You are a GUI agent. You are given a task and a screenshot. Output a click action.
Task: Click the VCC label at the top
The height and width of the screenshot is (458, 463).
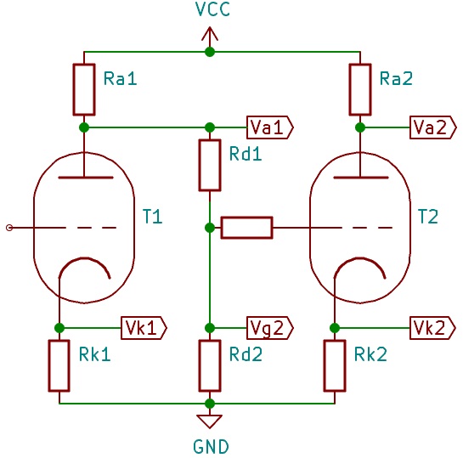212,9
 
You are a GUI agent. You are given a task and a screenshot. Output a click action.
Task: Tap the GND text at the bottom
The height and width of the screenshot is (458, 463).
211,446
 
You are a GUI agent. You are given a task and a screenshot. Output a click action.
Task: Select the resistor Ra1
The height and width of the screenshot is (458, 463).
84,89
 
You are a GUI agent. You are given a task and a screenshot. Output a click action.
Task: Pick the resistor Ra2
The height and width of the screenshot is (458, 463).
360,89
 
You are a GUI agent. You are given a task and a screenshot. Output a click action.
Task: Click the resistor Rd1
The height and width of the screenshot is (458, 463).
210,166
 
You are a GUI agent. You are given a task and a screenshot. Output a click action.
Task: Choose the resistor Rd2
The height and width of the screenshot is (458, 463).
210,366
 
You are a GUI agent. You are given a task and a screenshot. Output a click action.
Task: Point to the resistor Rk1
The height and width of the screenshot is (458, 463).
59,366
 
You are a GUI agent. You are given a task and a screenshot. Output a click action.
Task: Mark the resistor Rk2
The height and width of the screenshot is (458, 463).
335,366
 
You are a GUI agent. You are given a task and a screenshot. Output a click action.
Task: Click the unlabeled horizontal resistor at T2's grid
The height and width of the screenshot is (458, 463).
247,228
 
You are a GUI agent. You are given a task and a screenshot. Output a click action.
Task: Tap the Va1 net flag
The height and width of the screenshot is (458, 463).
270,127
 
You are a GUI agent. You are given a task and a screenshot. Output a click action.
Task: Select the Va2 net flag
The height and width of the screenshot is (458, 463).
433,127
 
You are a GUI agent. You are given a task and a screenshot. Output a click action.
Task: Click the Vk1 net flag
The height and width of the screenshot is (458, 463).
144,328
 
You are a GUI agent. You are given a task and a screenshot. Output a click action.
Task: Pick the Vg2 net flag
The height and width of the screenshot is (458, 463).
270,328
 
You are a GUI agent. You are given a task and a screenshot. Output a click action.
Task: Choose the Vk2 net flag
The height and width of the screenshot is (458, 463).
433,328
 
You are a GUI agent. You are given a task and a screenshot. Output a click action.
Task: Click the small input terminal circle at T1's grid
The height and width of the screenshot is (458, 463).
9,228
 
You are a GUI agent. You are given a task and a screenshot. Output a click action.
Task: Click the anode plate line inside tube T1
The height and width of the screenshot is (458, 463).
86,178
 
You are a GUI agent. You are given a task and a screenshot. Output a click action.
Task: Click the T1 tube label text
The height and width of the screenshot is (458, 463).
152,216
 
